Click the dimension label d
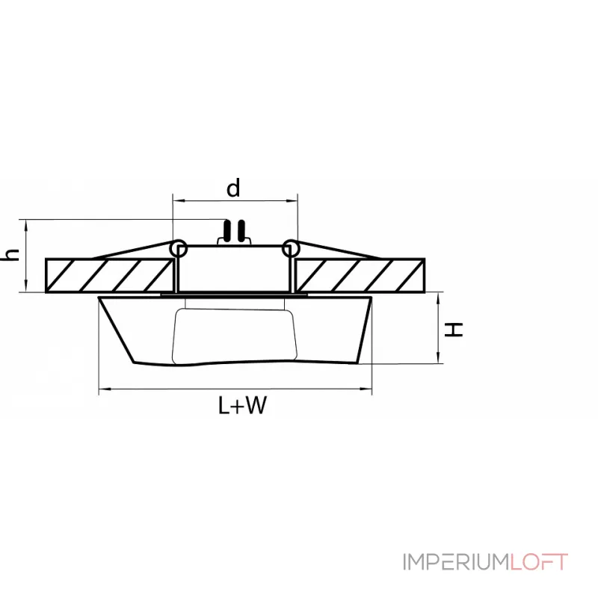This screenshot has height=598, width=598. coord(233,188)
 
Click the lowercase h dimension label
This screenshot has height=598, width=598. coord(10,254)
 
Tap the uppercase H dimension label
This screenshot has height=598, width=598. coord(454,330)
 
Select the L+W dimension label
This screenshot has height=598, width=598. coord(242,405)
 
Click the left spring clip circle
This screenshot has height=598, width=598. coord(179,249)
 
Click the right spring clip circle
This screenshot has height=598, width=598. coord(291,248)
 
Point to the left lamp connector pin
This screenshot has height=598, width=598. coord(227,231)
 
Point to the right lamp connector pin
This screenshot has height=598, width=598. coord(241,231)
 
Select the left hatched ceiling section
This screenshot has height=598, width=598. coord(109,275)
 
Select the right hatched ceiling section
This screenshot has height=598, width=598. coord(360,275)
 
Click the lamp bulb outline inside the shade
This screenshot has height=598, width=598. coord(234,336)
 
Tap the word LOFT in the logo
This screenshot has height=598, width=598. coord(539,562)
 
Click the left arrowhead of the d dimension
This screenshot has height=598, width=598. coord(177,200)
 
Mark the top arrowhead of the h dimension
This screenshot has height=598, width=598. coord(26,224)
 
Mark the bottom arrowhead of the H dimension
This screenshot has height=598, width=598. coord(439,359)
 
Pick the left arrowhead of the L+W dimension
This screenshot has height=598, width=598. coord(103,389)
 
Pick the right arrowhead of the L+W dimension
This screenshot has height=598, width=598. coord(367,389)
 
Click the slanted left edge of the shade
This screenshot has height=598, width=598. coord(117,330)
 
